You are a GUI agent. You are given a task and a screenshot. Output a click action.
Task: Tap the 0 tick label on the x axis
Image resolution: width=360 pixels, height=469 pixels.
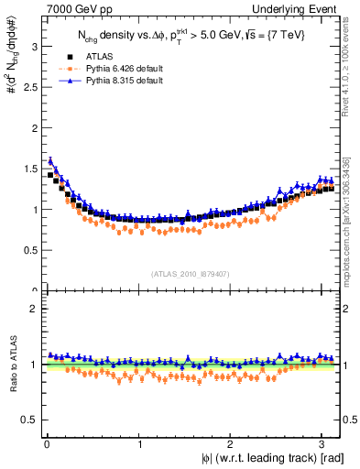pos(48,445)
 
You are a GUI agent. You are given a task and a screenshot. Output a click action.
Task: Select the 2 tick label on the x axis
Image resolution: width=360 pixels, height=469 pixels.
pos(231,445)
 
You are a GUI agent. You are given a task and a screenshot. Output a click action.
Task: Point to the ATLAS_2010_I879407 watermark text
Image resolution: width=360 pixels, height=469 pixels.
pos(191,272)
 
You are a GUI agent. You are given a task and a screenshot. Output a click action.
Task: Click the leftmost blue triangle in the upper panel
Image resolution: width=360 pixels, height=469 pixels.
pos(50,160)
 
